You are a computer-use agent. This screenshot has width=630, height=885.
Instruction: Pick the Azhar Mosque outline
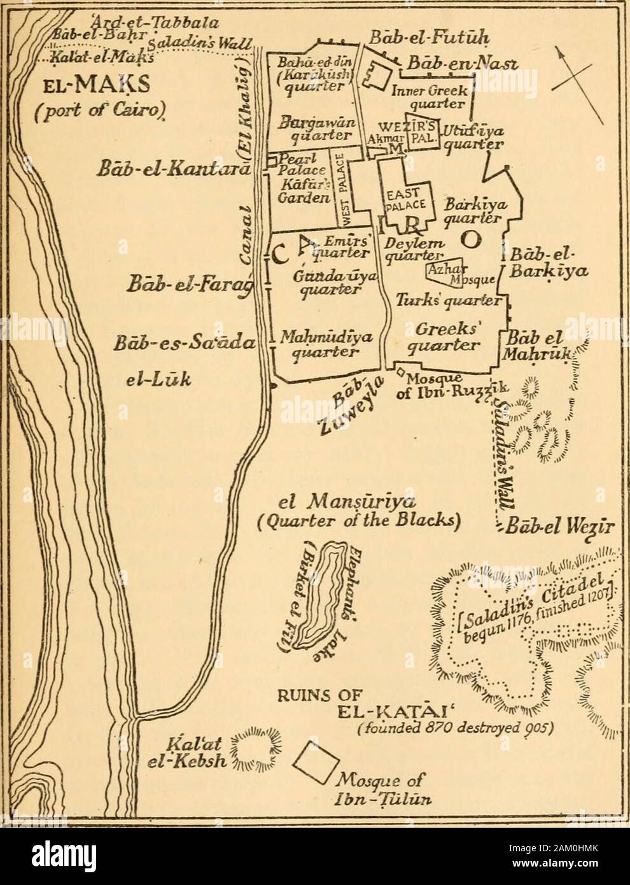pos(451,274)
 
